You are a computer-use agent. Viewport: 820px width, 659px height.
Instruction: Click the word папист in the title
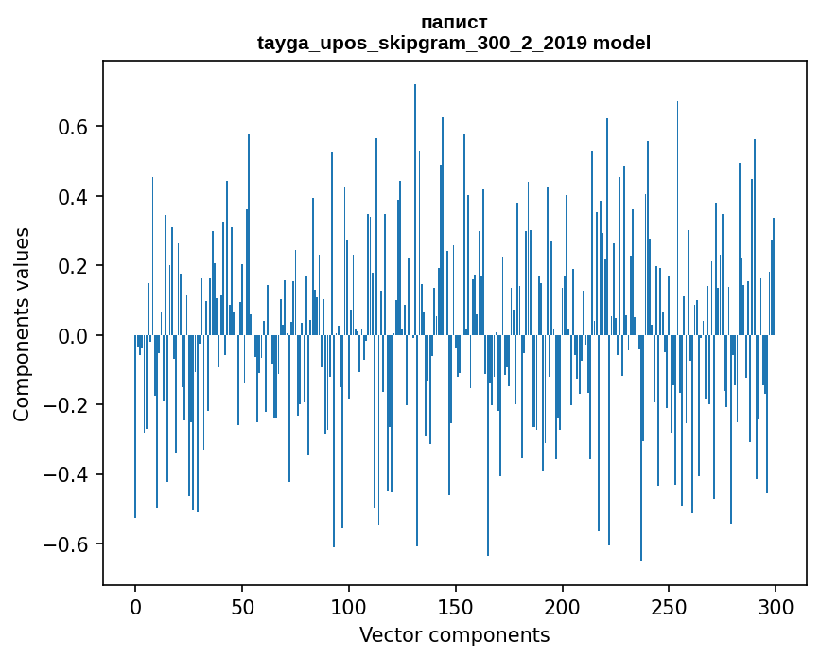[454, 22]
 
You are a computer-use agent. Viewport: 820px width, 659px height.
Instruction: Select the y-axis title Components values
[22, 324]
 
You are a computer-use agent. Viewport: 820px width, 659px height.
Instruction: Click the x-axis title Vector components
[454, 635]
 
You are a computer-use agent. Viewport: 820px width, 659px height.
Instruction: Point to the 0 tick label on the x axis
[135, 606]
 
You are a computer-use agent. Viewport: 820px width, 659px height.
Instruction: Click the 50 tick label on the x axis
[242, 606]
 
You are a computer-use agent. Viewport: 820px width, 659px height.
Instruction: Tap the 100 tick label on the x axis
[349, 606]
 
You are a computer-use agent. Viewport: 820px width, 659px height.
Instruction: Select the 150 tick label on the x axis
[455, 606]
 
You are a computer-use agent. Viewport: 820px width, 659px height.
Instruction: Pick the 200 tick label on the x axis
[562, 606]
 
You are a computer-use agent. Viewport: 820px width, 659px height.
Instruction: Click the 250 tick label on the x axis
[669, 606]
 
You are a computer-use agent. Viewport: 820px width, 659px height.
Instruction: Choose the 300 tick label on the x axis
[776, 606]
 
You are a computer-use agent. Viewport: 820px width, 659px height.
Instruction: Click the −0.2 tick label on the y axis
[69, 405]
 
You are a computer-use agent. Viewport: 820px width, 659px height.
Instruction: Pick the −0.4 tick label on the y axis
[69, 474]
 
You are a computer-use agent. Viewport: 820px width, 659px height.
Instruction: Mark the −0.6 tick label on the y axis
[69, 544]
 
